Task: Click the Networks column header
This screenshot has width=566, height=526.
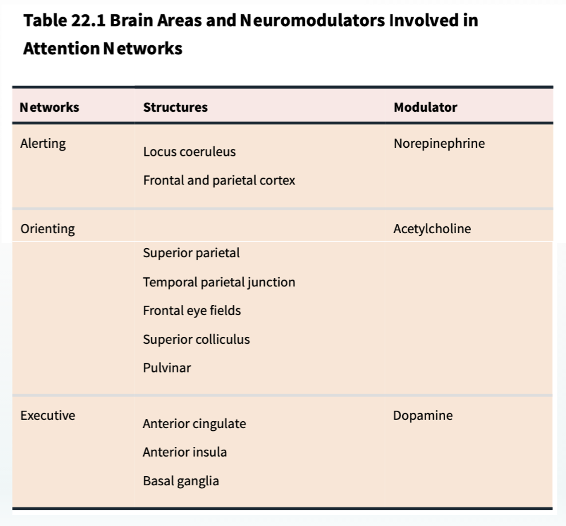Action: point(49,107)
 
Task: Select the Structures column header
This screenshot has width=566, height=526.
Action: point(175,107)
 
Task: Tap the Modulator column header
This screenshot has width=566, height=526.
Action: point(425,107)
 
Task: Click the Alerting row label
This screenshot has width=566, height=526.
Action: point(43,144)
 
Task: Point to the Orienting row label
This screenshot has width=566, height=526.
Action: point(48,229)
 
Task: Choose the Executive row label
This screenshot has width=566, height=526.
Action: point(48,415)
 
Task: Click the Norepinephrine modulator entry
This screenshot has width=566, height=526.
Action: point(439,144)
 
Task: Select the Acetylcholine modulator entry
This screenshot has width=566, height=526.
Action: point(432,229)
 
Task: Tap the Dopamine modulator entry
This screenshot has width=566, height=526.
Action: point(423,415)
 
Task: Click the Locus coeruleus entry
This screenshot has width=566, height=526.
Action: point(190,152)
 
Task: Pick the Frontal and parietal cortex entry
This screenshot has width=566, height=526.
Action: point(219,180)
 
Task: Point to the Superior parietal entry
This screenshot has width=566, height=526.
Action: point(191,253)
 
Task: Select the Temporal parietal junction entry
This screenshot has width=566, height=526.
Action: point(219,282)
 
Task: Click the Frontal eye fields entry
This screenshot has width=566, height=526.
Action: point(192,311)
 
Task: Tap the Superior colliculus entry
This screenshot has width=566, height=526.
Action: point(196,339)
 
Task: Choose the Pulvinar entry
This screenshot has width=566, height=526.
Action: point(167,368)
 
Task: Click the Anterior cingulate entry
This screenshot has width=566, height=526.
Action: point(194,424)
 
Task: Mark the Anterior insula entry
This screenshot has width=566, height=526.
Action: point(185,452)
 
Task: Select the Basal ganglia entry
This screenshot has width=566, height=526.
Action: point(181,481)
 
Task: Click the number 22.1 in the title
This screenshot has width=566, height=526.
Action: point(88,20)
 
